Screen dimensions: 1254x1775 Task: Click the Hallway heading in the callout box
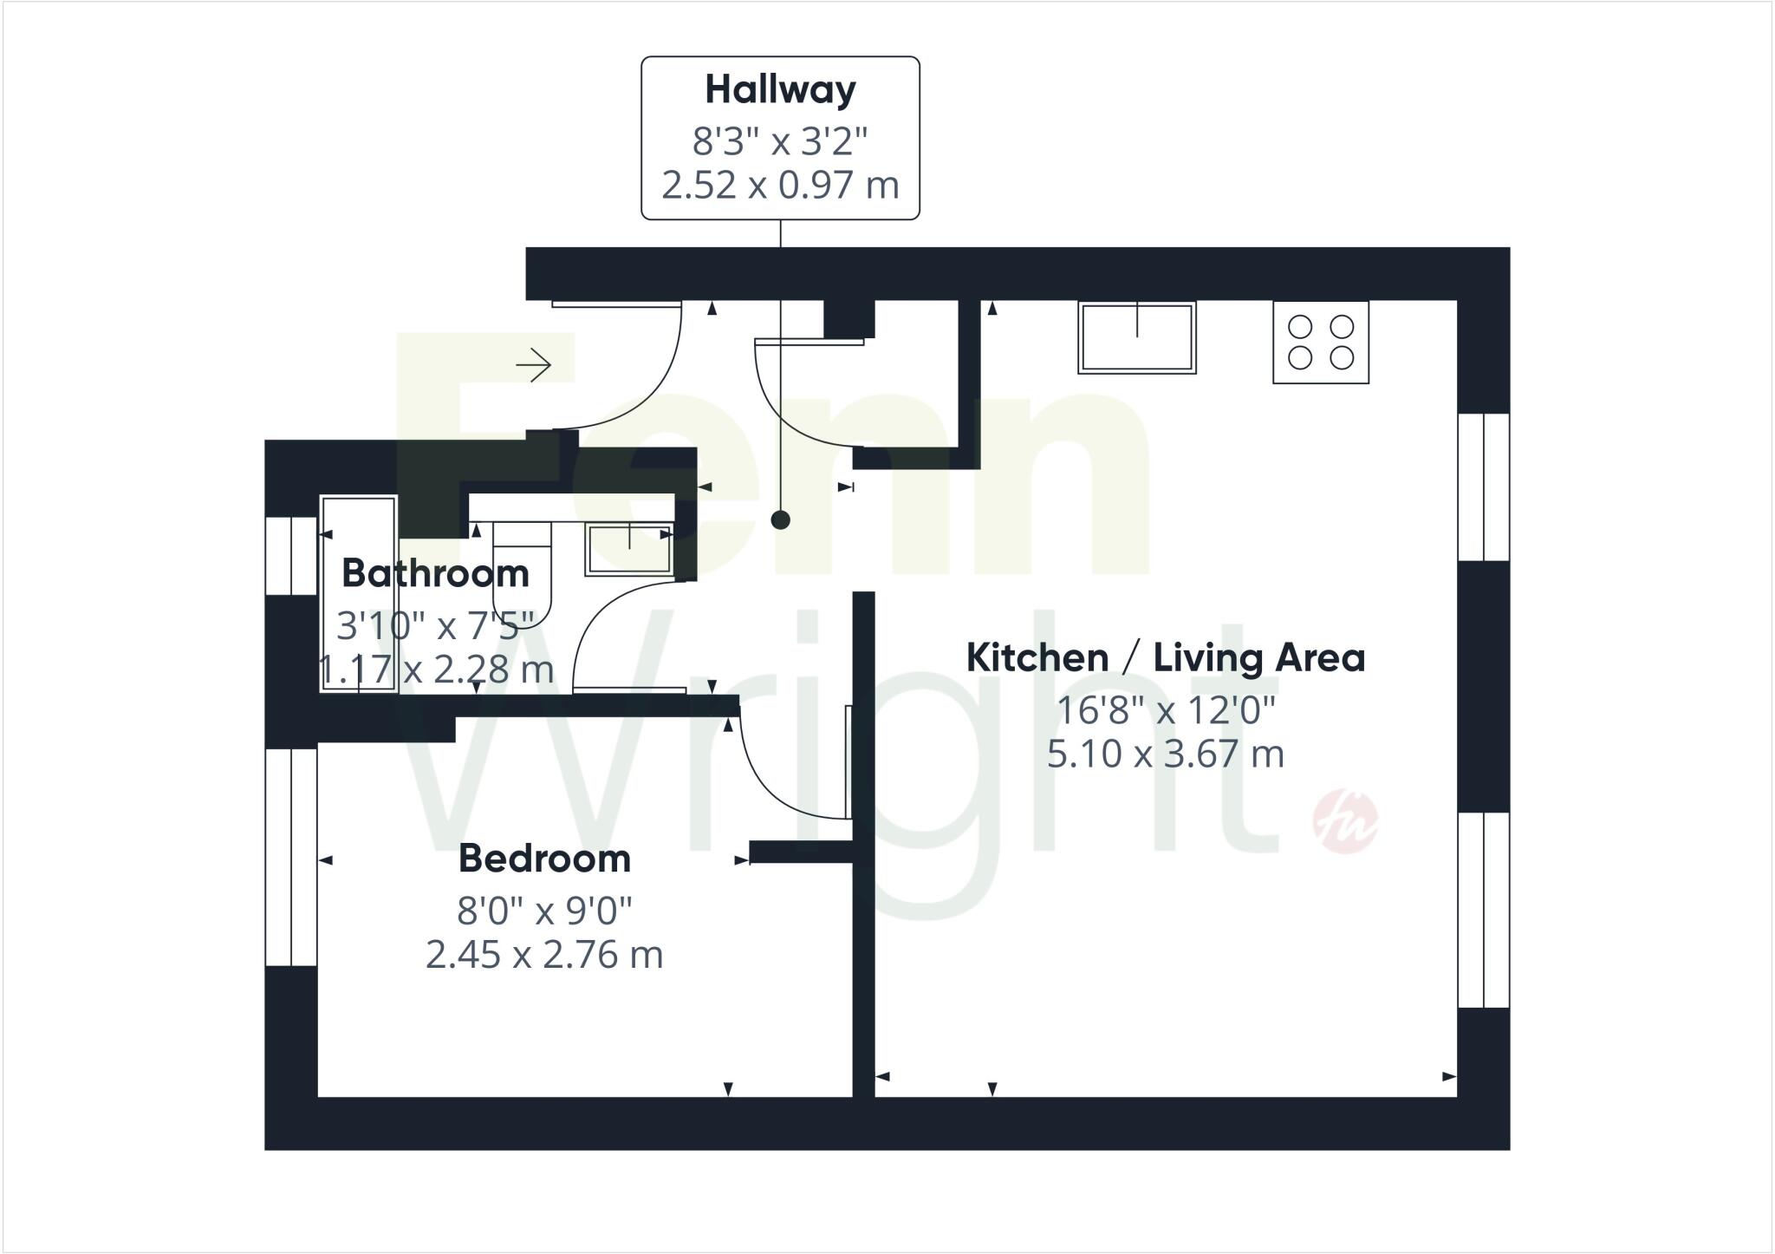780,90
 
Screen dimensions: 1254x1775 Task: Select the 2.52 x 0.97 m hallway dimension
780,186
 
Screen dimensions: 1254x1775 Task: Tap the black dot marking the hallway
781,520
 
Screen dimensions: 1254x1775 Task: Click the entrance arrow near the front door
534,364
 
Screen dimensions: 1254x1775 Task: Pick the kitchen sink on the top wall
1136,338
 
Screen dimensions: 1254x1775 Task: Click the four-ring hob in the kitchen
1320,343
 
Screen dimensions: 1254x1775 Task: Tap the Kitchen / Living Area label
1165,658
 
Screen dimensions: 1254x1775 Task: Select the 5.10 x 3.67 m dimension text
1165,754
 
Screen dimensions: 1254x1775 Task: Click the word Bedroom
544,859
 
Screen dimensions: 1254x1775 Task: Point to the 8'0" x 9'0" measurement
544,911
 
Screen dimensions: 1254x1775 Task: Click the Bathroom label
435,574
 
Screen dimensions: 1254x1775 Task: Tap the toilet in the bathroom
523,568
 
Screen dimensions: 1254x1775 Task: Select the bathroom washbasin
629,548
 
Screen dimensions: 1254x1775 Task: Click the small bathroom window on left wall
291,556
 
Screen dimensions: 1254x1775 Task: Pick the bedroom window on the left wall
291,857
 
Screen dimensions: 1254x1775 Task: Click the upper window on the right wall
1484,487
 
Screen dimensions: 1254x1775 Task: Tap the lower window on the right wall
1484,910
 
